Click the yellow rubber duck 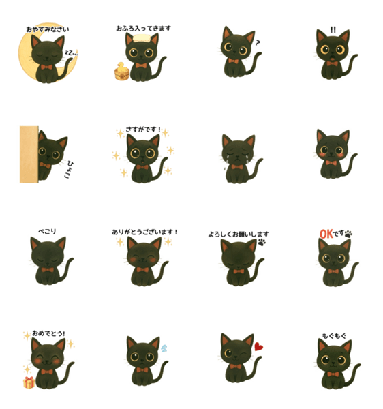[x=121, y=66]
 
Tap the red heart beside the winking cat [x=258, y=346]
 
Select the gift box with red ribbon [x=29, y=382]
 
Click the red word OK [x=326, y=234]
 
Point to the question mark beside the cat [x=258, y=42]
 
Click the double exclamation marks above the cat [x=333, y=29]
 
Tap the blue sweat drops [x=164, y=348]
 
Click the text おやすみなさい [x=48, y=29]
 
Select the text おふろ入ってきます [x=143, y=28]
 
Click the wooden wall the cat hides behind [x=29, y=155]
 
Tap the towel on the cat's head [x=142, y=38]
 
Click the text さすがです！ [x=143, y=130]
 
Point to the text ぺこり [x=47, y=231]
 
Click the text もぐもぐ [x=334, y=335]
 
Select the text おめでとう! [x=48, y=333]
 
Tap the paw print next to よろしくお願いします [x=262, y=242]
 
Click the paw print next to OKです [x=348, y=234]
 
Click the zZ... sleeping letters [x=71, y=53]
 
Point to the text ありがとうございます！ [x=144, y=232]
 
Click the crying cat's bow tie [x=237, y=167]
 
